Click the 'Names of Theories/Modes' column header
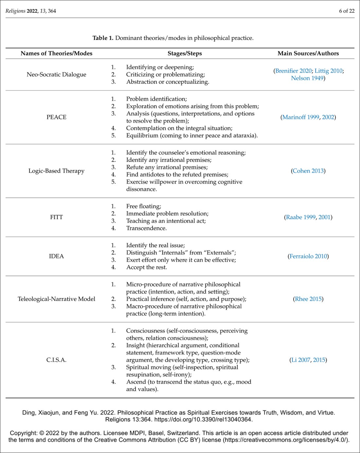56,53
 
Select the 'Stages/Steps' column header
185,53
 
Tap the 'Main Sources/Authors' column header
308,53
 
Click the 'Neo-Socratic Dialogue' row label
56,74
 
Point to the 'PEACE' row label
56,117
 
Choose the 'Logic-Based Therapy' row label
56,171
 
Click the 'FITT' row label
56,217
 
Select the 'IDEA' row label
56,256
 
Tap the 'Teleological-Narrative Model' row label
56,299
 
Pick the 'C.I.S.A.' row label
56,360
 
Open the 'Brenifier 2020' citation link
293,71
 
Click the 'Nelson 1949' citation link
307,78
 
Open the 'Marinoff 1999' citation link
300,117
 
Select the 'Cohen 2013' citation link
308,171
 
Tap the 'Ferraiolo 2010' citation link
308,256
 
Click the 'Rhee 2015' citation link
308,299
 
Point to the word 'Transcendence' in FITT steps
146,228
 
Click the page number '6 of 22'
347,11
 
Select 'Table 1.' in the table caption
103,38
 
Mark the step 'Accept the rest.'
146,267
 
